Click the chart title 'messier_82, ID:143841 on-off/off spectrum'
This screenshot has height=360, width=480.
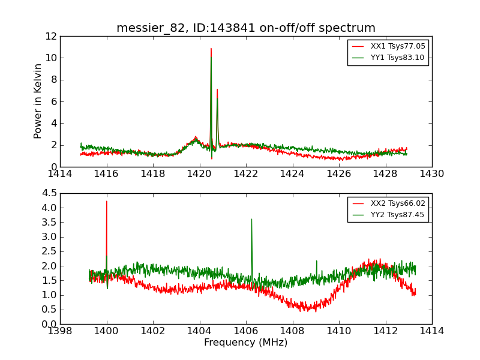pyautogui.click(x=245, y=28)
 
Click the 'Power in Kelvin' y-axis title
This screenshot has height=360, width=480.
pyautogui.click(x=38, y=101)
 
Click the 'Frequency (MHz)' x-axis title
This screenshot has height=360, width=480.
pyautogui.click(x=245, y=343)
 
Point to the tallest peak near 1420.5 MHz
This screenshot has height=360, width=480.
pyautogui.click(x=211, y=49)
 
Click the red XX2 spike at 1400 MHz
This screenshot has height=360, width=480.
pyautogui.click(x=107, y=202)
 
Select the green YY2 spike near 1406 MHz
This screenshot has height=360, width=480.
pyautogui.click(x=251, y=220)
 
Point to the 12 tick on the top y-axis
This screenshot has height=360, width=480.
pyautogui.click(x=50, y=36)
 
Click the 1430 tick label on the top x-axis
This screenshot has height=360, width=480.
pyautogui.click(x=431, y=174)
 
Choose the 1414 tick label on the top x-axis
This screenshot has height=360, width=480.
pyautogui.click(x=60, y=174)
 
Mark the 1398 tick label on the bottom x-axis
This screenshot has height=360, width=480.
pyautogui.click(x=60, y=331)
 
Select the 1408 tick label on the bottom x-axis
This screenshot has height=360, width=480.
pyautogui.click(x=292, y=331)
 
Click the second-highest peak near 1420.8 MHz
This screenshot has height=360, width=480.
pyautogui.click(x=217, y=90)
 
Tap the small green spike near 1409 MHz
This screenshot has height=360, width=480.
pyautogui.click(x=316, y=262)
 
